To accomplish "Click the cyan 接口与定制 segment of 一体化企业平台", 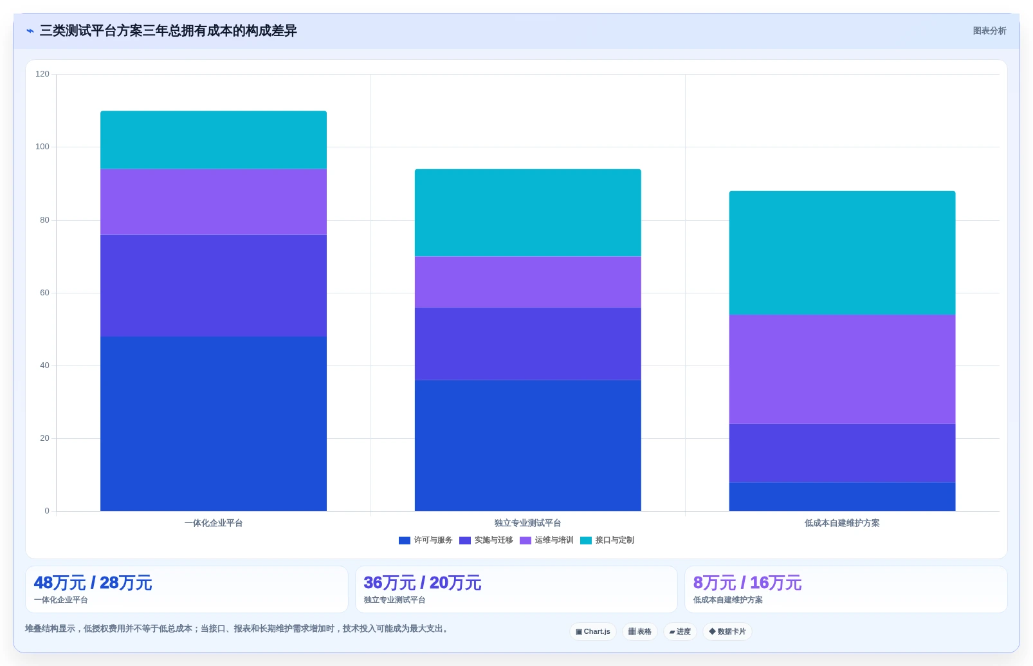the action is [214, 140].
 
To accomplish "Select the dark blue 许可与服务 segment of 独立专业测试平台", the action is [527, 445].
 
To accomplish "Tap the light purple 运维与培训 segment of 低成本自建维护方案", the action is [842, 369].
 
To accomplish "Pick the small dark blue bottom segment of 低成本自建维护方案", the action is [842, 497].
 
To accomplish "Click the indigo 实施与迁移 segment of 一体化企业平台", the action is [214, 286].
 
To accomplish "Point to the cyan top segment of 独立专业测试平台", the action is [527, 212].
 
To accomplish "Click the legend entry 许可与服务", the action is [425, 540].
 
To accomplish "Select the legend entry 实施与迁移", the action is [486, 540].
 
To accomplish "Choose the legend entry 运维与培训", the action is [547, 540].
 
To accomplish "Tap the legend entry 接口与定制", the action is [607, 540].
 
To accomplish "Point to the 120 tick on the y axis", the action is [42, 74].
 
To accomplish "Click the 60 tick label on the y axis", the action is [44, 292].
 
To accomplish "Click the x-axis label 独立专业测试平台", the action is [527, 523].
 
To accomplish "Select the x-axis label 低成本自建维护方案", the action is [842, 523].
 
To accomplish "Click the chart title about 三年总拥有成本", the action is [169, 31].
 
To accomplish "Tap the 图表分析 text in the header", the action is [990, 31].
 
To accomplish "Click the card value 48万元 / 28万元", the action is [93, 583].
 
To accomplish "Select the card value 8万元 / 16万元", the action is [747, 583].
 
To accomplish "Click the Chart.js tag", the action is [593, 631].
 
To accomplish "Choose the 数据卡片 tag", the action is [727, 631].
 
